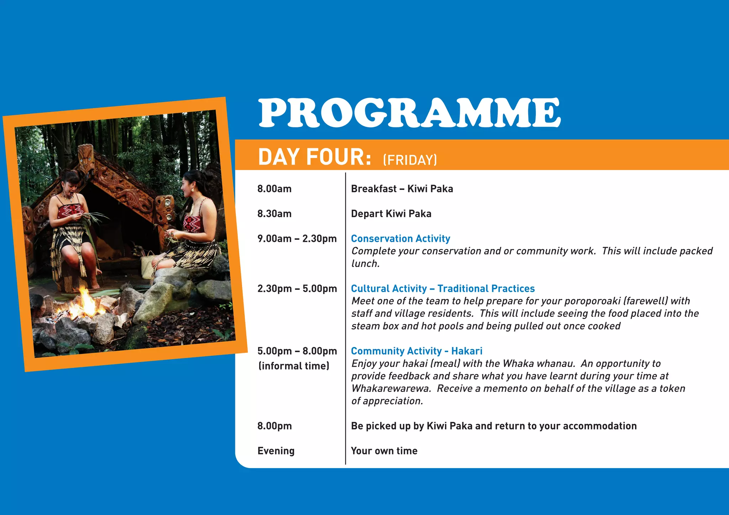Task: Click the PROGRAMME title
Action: (409, 113)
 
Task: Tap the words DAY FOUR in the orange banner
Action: (315, 157)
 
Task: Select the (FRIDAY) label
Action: (410, 160)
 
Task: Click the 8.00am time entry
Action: (274, 189)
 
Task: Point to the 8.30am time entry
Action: (274, 214)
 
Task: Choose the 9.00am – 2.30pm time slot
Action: (297, 239)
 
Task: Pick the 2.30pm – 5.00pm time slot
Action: (297, 288)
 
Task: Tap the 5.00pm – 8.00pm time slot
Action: (297, 351)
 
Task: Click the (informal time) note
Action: (294, 366)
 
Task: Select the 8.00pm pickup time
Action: (274, 426)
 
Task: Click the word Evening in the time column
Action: (276, 451)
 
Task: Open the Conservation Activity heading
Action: (400, 239)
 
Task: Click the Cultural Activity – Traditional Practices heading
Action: (443, 288)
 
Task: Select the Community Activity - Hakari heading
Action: (416, 351)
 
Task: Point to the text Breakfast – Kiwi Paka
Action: (402, 189)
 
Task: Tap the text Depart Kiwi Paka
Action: (391, 214)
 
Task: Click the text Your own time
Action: (384, 451)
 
